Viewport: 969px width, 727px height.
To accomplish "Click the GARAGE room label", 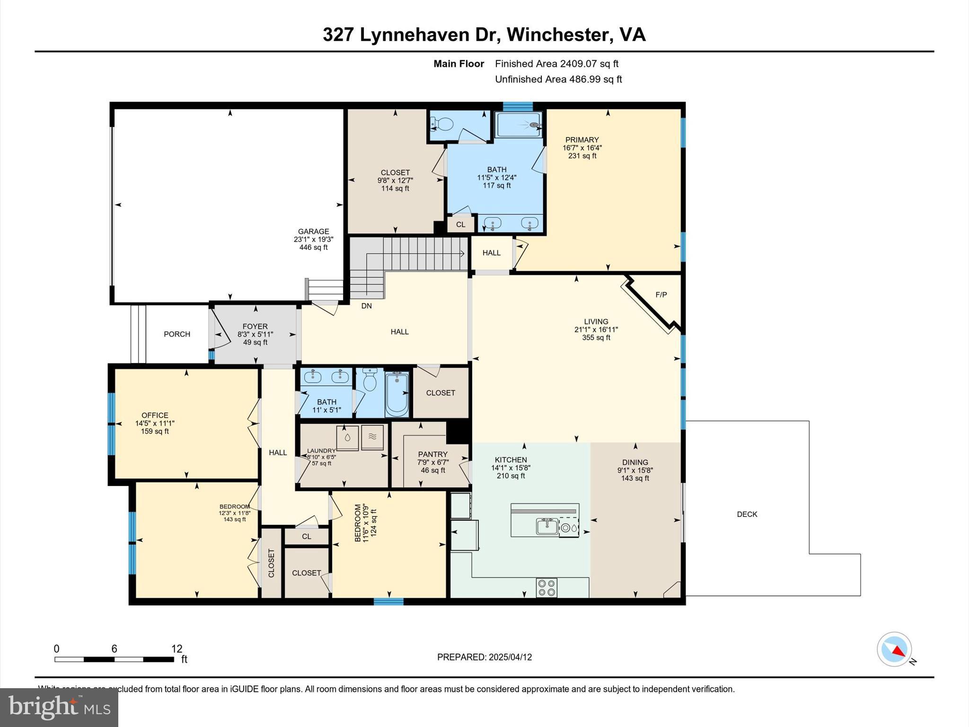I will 313,231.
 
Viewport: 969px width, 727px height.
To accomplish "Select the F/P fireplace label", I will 661,294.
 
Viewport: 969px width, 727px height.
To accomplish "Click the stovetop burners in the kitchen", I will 546,588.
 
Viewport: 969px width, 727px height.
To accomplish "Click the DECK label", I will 747,514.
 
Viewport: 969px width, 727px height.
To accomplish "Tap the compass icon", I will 894,649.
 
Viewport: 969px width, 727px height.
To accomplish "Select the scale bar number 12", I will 176,648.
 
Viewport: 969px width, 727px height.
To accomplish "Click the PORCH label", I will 177,334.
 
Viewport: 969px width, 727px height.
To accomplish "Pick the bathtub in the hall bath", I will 396,394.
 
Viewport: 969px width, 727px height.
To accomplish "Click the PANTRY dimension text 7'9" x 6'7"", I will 432,462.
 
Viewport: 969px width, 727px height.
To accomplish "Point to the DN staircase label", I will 366,306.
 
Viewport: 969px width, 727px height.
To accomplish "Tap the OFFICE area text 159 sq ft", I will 155,432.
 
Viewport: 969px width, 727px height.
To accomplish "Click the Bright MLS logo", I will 59,707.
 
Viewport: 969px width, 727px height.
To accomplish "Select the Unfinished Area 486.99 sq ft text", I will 558,80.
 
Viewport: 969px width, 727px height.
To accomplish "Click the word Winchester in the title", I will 560,35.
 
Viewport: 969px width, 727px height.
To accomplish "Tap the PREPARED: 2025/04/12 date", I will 484,657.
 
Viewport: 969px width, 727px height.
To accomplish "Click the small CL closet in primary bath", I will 460,224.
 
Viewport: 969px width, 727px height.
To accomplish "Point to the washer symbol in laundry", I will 348,437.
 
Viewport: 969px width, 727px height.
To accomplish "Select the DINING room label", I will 635,462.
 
